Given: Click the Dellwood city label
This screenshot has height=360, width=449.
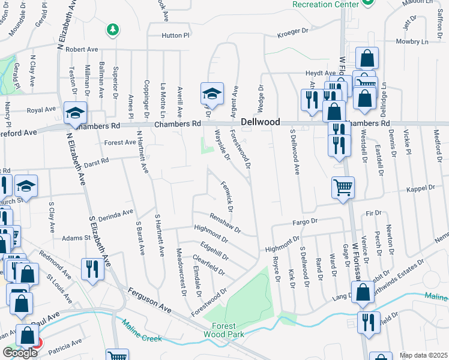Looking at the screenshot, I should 261,122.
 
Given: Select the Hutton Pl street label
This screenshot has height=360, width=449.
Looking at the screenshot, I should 175,36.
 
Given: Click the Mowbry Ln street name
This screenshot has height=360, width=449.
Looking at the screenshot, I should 412,41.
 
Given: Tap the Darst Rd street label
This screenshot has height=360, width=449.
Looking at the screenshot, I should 97,161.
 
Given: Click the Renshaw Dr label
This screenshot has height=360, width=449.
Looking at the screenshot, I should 225,223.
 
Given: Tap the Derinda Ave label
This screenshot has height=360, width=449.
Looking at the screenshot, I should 118,213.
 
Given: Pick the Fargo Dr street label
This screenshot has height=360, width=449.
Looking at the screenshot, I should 305,222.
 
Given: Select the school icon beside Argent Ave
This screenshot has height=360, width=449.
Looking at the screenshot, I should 211,93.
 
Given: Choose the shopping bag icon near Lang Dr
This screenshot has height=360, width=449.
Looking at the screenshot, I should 363,293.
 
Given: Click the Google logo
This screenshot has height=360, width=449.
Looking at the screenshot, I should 20,353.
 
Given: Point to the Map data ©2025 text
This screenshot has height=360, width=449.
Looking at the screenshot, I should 423,355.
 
